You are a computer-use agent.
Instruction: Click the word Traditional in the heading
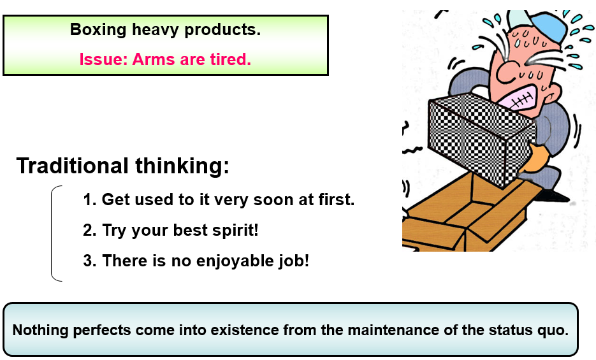72,166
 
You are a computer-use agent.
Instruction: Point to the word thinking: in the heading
182,166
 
